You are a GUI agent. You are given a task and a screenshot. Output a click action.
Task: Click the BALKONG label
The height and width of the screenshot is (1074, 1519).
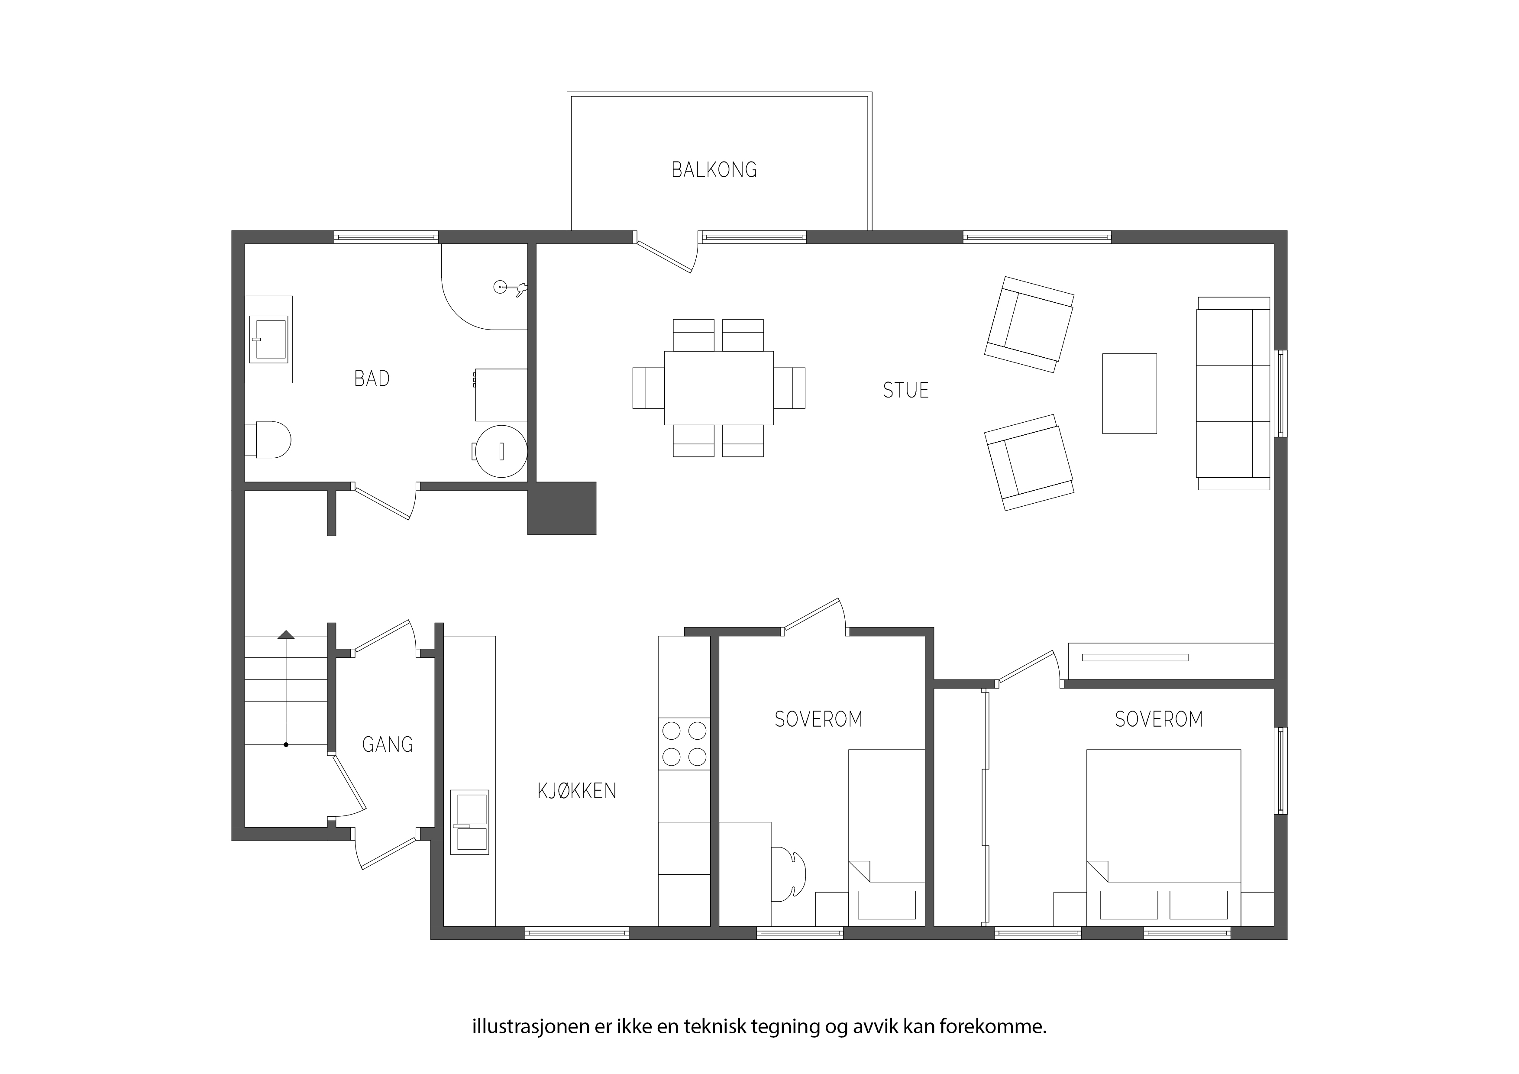(x=714, y=170)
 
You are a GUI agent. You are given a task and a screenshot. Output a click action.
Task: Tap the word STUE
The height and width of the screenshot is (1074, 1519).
(x=906, y=391)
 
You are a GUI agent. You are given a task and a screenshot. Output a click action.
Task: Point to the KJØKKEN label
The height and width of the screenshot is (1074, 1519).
(x=577, y=791)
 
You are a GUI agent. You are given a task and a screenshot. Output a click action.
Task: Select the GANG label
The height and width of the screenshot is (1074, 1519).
(x=388, y=744)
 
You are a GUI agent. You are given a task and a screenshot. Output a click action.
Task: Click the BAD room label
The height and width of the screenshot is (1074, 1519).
(x=372, y=378)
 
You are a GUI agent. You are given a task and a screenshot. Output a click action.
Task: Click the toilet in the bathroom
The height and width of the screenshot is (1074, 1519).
(x=268, y=440)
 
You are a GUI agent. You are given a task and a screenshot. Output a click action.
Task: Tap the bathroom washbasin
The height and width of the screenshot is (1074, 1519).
(x=268, y=340)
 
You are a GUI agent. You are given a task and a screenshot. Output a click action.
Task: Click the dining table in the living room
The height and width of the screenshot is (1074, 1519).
(x=718, y=388)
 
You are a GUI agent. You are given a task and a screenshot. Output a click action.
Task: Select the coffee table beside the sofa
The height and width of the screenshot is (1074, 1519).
(x=1129, y=394)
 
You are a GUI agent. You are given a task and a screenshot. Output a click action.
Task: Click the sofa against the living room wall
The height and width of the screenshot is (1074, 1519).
(x=1233, y=393)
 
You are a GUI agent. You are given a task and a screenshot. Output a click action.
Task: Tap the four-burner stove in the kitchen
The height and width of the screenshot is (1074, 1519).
(x=684, y=744)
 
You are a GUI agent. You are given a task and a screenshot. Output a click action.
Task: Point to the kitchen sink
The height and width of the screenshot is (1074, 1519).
(x=470, y=822)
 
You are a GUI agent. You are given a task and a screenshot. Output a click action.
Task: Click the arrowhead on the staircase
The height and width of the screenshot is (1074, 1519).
(x=286, y=635)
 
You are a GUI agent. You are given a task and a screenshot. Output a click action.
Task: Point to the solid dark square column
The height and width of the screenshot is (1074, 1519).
(x=562, y=508)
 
